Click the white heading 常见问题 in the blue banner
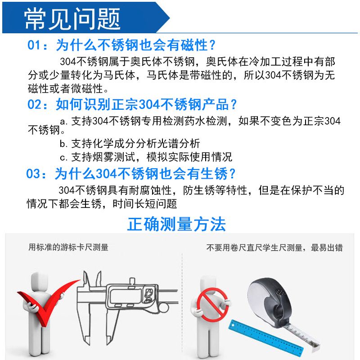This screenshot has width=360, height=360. [x=72, y=18]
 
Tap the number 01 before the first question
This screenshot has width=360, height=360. [x=34, y=45]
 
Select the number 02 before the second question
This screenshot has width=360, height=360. [x=34, y=104]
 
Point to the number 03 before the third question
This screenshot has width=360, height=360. [x=33, y=174]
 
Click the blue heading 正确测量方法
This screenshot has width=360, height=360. [x=176, y=224]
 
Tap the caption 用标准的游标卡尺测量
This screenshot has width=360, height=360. [x=68, y=247]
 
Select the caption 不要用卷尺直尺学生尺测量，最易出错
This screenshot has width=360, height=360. [x=274, y=248]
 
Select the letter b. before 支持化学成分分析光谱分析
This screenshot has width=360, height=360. [x=63, y=144]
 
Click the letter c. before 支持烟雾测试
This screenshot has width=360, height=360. [x=63, y=158]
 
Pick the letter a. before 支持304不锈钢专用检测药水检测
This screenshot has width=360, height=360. [x=63, y=121]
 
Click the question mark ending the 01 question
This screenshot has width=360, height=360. [x=212, y=45]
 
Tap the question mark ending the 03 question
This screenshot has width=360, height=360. [x=232, y=174]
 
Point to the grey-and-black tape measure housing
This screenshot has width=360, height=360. [x=270, y=301]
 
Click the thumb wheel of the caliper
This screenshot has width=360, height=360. [x=163, y=308]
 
